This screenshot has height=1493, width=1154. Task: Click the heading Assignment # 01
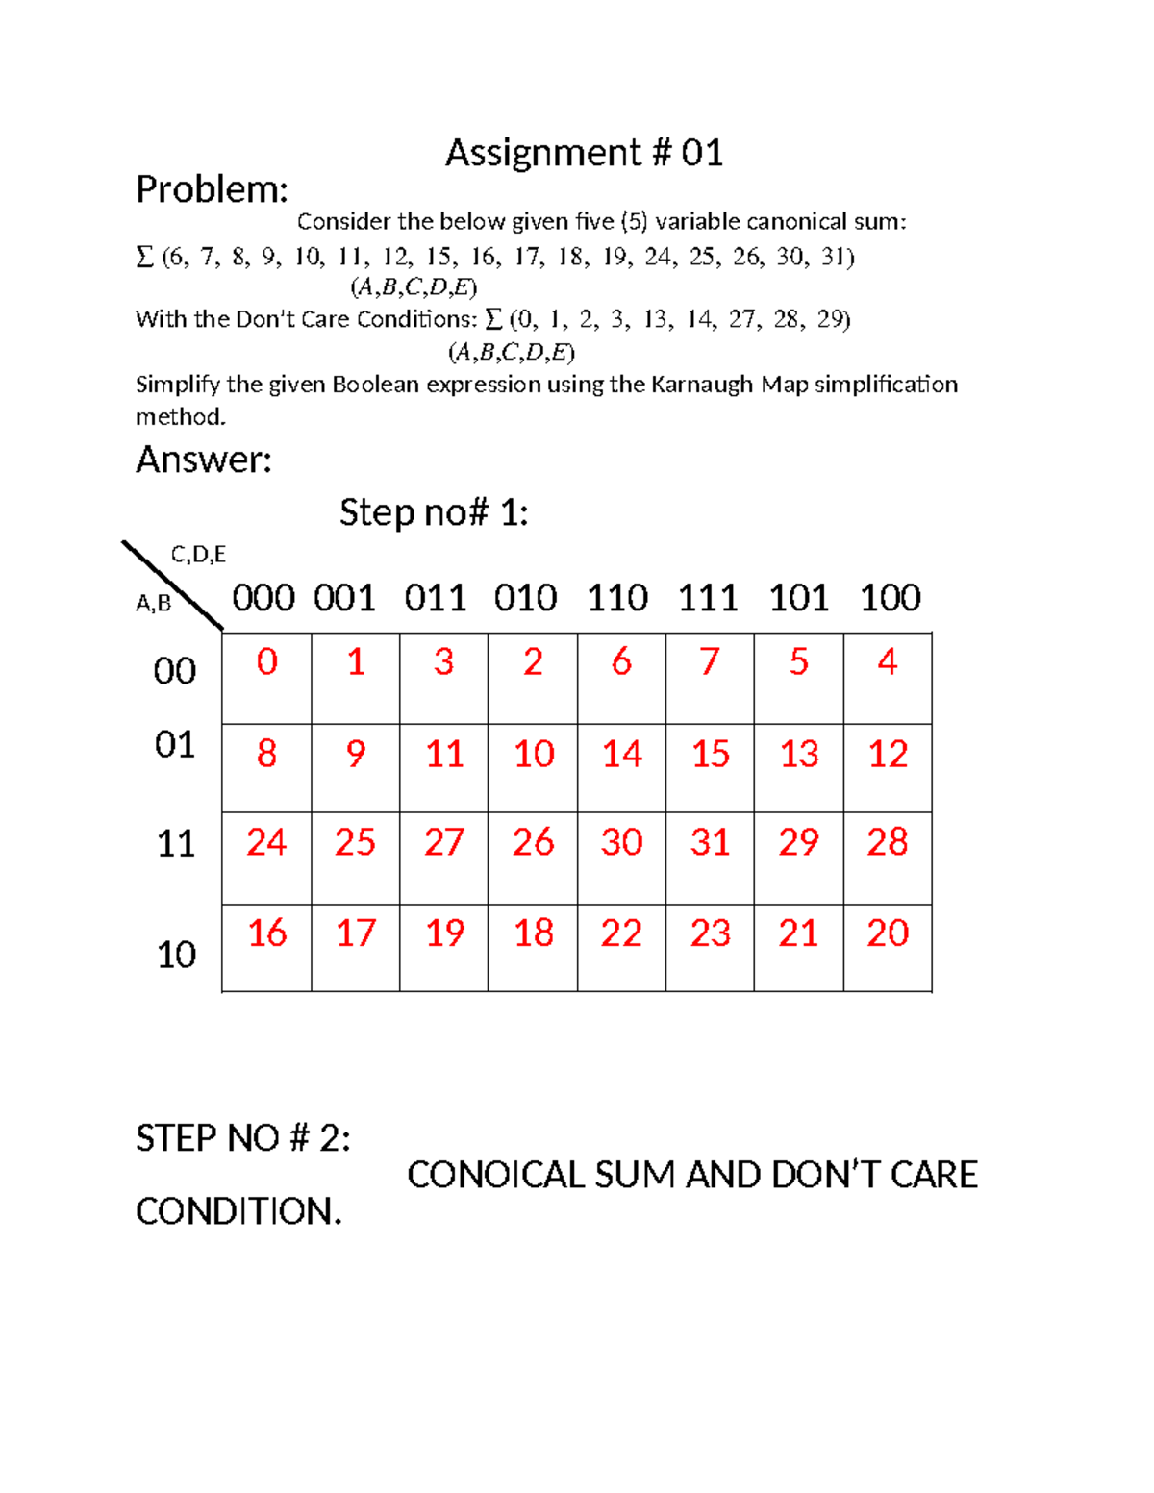pyautogui.click(x=584, y=153)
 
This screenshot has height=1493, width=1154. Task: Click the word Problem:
pyautogui.click(x=212, y=189)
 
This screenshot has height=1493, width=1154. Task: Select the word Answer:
pyautogui.click(x=204, y=460)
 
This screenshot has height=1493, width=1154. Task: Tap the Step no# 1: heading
pyautogui.click(x=434, y=512)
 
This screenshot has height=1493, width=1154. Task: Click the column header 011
pyautogui.click(x=435, y=598)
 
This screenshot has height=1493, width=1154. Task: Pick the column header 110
pyautogui.click(x=617, y=598)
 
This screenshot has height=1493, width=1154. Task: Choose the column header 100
pyautogui.click(x=890, y=598)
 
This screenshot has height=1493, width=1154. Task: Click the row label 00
pyautogui.click(x=175, y=671)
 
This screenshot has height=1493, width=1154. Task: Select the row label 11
pyautogui.click(x=176, y=843)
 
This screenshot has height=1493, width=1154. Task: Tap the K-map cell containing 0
pyautogui.click(x=267, y=677)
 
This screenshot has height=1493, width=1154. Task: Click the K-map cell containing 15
pyautogui.click(x=710, y=767)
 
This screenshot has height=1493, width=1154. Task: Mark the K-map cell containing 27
pyautogui.click(x=443, y=858)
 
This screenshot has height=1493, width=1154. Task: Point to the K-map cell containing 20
pyautogui.click(x=888, y=947)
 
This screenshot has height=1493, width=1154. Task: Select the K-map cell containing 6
pyautogui.click(x=621, y=677)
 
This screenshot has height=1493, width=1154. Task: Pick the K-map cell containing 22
pyautogui.click(x=621, y=947)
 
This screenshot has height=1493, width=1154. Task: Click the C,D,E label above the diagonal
pyautogui.click(x=198, y=555)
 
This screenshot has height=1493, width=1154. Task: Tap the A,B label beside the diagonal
pyautogui.click(x=153, y=604)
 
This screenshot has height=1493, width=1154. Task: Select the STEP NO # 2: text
pyautogui.click(x=243, y=1138)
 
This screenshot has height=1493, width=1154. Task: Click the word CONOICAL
pyautogui.click(x=495, y=1175)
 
